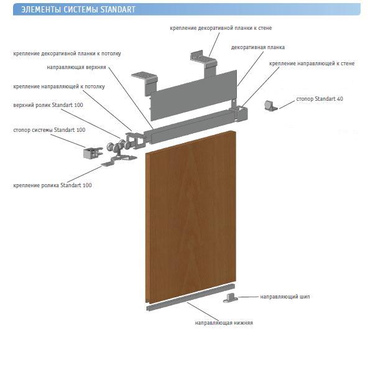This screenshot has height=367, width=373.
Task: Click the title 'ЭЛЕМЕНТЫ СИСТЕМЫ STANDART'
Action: [78, 9]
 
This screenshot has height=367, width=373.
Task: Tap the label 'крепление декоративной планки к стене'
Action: [221, 28]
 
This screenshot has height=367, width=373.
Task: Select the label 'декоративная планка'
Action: [258, 47]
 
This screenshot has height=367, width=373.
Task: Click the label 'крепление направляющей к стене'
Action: [312, 63]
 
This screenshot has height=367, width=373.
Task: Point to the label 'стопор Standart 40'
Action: [320, 98]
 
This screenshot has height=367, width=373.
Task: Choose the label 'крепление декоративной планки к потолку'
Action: [67, 53]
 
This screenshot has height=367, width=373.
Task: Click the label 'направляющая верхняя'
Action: [76, 67]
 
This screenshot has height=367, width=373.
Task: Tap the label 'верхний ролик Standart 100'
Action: [48, 105]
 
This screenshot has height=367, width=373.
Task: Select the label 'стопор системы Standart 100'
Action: [49, 130]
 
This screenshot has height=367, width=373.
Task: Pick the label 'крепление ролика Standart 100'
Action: [52, 185]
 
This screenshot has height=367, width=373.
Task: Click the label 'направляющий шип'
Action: [285, 297]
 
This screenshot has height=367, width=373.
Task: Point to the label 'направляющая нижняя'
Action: [224, 323]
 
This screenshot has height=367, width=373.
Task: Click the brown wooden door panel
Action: [191, 216]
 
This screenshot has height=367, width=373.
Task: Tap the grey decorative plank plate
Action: [193, 95]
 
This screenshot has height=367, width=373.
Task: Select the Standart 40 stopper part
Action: [270, 106]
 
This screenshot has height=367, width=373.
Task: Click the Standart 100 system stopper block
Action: [92, 152]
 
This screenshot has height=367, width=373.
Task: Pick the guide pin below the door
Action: [230, 298]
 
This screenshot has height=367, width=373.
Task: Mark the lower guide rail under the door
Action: [190, 297]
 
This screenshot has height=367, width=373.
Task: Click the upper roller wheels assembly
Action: [118, 147]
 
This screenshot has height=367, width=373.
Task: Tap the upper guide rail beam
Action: [193, 125]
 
